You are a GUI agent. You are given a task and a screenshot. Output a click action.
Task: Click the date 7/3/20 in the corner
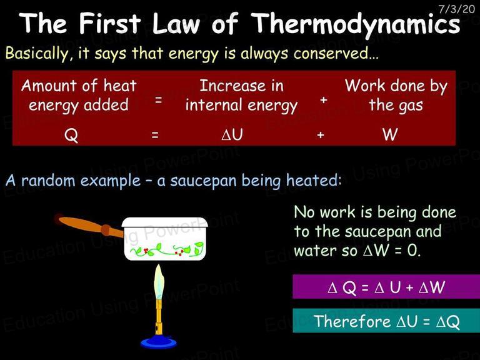click(456, 9)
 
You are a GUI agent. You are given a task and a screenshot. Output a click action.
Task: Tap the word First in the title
click(109, 23)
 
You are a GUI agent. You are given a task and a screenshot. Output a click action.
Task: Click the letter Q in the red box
click(71, 135)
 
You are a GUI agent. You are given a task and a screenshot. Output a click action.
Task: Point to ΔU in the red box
click(232, 134)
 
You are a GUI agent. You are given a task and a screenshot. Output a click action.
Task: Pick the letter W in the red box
click(390, 134)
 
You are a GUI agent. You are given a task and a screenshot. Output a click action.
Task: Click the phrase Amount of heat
click(79, 86)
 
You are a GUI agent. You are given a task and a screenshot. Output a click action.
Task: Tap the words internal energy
click(241, 106)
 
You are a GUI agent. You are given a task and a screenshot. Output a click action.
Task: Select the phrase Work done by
click(396, 86)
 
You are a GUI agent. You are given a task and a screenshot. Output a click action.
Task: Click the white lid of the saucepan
click(165, 222)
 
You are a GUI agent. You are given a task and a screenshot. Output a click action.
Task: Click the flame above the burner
click(159, 282)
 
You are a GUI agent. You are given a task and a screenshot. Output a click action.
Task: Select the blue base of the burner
click(159, 341)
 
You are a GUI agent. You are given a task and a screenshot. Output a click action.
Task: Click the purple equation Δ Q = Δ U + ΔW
click(386, 287)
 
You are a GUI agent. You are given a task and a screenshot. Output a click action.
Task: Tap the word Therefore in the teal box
click(352, 321)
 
